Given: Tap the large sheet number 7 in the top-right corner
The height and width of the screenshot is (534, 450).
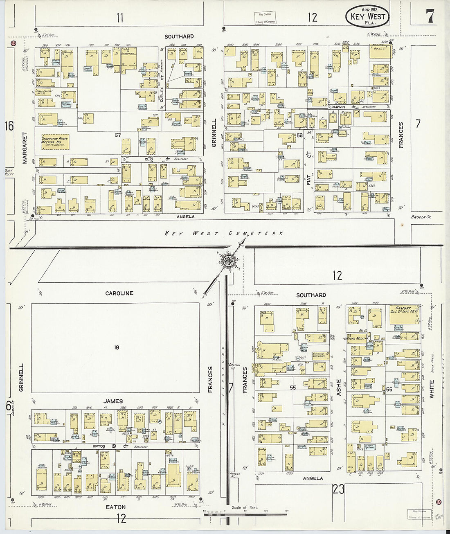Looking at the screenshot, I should (x=429, y=17).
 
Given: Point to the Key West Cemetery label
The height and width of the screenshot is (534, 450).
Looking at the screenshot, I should (x=224, y=233).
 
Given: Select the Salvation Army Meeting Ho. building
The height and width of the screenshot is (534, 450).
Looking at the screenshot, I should (x=55, y=142).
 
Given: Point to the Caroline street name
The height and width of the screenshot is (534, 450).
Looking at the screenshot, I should (x=119, y=293).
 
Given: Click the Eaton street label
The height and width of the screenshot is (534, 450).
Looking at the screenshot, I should (x=116, y=507).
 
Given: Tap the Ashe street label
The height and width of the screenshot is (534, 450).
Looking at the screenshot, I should (x=338, y=386).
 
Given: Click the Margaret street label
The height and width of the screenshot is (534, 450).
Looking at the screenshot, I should (x=25, y=148).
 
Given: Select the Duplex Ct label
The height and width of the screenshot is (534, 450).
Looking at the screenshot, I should (x=162, y=92).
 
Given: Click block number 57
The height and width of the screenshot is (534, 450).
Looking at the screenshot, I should (x=118, y=135).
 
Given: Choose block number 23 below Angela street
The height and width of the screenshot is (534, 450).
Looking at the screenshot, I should (x=339, y=489).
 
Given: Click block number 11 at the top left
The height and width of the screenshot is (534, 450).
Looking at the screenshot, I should (x=119, y=18).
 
